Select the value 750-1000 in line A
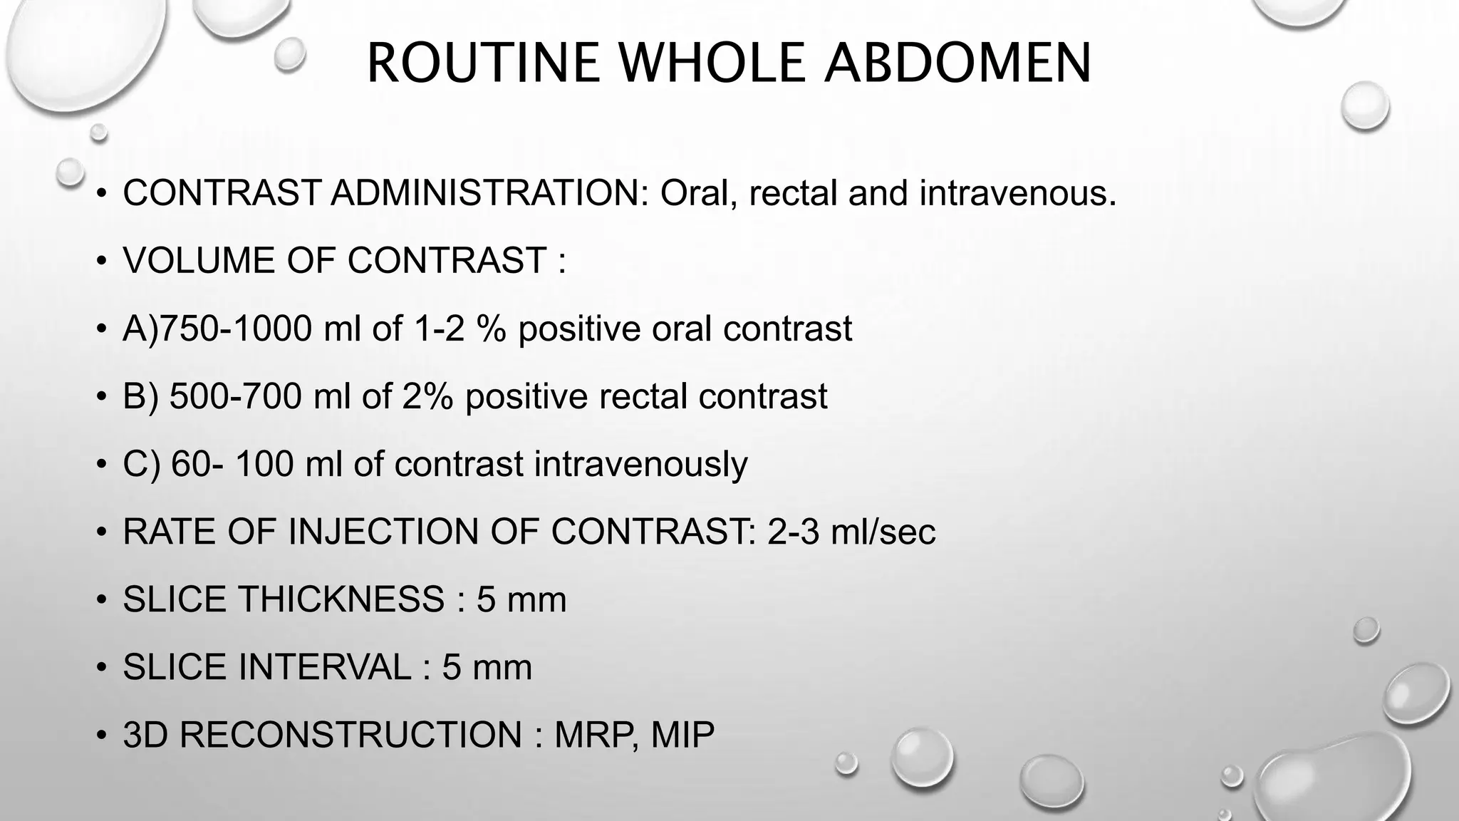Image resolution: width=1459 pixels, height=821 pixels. click(x=235, y=329)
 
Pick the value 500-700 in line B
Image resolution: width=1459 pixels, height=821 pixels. click(x=235, y=396)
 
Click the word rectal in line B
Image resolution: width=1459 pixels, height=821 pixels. click(x=643, y=396)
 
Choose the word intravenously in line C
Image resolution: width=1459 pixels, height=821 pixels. click(x=640, y=464)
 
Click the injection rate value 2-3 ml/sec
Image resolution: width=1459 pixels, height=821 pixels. click(x=851, y=532)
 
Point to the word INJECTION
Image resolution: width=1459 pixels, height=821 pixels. click(x=378, y=532)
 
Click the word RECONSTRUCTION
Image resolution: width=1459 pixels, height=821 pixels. click(x=351, y=735)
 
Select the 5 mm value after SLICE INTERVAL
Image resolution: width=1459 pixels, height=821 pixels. click(x=487, y=667)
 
